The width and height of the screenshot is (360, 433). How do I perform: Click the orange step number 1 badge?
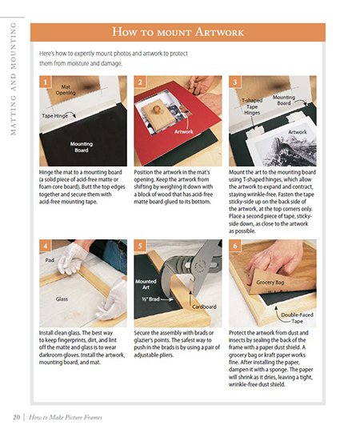[46, 82]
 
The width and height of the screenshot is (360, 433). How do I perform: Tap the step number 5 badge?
[140, 246]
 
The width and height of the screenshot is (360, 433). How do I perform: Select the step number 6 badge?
[235, 246]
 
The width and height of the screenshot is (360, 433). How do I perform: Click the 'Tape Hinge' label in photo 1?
[55, 116]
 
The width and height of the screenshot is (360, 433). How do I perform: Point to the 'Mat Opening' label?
[66, 90]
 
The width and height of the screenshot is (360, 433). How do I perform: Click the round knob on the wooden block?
[157, 110]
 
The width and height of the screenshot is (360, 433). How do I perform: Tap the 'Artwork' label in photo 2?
[183, 132]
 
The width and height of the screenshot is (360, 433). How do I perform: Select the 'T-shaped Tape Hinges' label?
[252, 106]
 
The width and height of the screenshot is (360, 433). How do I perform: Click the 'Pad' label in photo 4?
[50, 260]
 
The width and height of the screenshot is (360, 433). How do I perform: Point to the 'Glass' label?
[62, 299]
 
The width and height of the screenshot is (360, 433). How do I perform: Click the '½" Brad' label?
[150, 299]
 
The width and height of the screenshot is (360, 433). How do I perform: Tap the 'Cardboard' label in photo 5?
[204, 307]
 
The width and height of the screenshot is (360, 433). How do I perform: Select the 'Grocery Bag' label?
[270, 283]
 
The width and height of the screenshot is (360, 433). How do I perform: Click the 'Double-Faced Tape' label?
[297, 318]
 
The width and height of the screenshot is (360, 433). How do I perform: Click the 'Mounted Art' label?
[146, 284]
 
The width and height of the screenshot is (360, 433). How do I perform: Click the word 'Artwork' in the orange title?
[219, 32]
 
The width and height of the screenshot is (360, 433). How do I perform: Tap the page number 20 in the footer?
[16, 417]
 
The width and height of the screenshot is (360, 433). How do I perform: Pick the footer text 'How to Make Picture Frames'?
[66, 417]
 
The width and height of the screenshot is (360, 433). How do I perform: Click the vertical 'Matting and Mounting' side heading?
[13, 78]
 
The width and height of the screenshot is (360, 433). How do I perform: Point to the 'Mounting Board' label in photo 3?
[284, 100]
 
